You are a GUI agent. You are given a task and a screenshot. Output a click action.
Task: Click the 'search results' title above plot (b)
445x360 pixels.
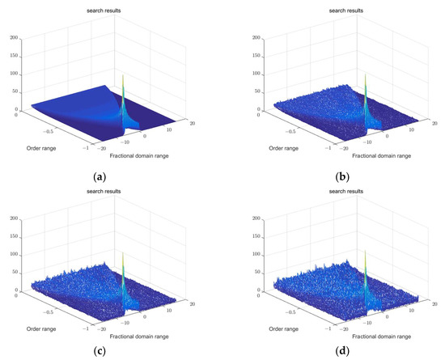(x=335, y=10)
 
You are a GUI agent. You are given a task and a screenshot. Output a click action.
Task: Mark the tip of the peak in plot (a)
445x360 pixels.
(x=123, y=75)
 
